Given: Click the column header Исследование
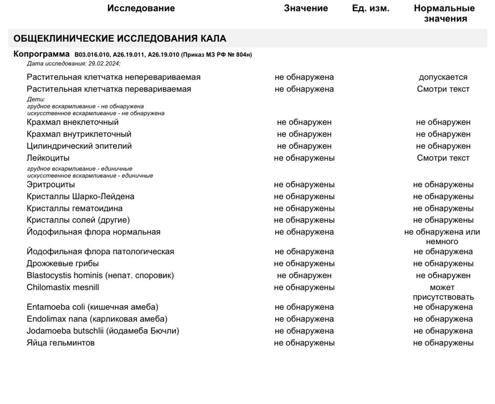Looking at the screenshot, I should pos(141,8).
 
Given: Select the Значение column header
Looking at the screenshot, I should pos(306,8).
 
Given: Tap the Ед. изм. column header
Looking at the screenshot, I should pos(371,8).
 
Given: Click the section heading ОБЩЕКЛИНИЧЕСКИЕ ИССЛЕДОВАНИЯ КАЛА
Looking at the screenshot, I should pos(120,39).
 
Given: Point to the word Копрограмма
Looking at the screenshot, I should pos(42,54).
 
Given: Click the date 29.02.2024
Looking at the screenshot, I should pos(103,63).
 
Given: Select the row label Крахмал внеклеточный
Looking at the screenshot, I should pos(73,122).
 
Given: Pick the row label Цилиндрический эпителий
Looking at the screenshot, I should pos(79,146).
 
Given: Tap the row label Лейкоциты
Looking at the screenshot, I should pos(48,158).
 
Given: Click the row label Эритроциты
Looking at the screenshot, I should pos(51,184).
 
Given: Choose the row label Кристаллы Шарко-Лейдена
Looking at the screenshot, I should pos(81,196).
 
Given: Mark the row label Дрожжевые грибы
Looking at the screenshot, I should pos(63,264).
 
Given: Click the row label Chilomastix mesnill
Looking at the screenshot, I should pos(63,287).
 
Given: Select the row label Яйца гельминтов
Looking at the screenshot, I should pos(60,343).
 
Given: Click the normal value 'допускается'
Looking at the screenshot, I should pos(443,77).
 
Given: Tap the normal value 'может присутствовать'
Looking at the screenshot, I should pos(443,292).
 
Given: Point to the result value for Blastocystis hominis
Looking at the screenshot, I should pos(304,275).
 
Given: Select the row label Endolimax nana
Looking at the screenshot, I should pos(97,319).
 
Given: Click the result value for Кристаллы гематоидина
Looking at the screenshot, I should pos(304,208).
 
